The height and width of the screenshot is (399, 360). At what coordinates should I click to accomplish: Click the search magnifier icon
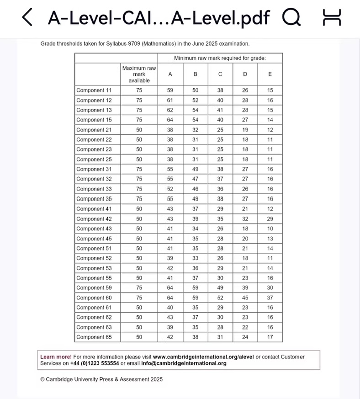pos(291,17)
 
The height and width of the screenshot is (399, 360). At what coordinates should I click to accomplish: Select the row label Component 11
pos(94,90)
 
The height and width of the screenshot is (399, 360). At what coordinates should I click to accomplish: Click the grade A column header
pos(170,74)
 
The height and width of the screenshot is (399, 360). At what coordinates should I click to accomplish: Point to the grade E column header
pos(270,74)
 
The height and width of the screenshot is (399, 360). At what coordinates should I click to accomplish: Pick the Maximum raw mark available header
pos(139,74)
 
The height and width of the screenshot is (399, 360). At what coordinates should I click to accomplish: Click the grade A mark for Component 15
pos(170,120)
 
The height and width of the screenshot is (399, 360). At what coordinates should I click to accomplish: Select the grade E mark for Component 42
pos(270,219)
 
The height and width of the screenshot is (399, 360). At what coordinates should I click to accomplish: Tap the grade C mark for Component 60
pos(220,298)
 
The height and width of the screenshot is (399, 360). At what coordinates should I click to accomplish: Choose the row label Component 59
pos(94,288)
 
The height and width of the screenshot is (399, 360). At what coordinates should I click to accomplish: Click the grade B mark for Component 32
pos(196,179)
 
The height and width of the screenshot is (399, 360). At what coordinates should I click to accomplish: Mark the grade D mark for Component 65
pos(245,337)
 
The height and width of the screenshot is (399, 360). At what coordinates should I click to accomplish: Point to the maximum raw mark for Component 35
pos(139,199)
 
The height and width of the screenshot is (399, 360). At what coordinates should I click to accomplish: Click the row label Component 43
pos(94,229)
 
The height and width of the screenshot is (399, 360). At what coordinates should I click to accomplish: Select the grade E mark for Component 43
pos(270,229)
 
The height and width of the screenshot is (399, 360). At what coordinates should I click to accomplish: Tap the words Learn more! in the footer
pos(56,357)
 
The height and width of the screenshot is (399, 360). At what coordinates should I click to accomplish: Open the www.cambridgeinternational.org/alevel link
pos(203,357)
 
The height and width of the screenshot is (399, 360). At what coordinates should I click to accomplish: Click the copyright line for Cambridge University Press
pos(101,379)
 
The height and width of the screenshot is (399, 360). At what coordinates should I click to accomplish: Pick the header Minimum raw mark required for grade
pos(220,58)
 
